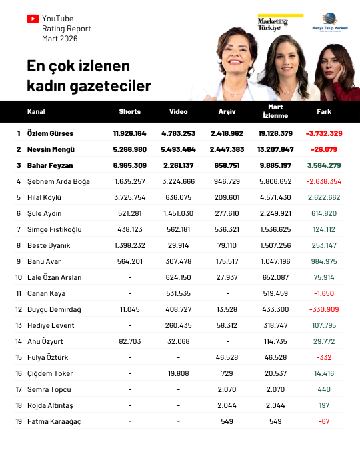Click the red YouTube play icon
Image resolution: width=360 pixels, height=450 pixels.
click(33, 19)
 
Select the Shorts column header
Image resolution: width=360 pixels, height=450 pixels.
click(129, 111)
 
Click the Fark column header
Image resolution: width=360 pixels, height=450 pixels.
click(324, 111)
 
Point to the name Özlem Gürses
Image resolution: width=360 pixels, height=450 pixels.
click(50, 133)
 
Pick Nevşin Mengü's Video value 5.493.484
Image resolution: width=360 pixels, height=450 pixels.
click(179, 149)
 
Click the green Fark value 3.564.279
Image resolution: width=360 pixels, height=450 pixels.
click(324, 165)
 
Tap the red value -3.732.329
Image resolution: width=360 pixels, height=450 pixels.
click(324, 133)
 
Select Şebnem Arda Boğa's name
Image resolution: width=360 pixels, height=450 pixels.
click(57, 181)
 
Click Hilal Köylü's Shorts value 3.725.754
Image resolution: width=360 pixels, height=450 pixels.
click(129, 197)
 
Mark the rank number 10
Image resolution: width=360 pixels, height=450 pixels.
click(19, 277)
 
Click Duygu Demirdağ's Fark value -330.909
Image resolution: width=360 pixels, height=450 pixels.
click(325, 309)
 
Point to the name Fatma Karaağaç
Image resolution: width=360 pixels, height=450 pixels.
click(54, 421)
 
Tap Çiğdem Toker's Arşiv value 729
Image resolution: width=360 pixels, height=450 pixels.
click(227, 373)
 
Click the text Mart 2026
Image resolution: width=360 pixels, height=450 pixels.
click(59, 39)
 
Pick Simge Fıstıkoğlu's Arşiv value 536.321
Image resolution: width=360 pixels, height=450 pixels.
click(227, 229)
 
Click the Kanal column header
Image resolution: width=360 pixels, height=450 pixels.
click(36, 111)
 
